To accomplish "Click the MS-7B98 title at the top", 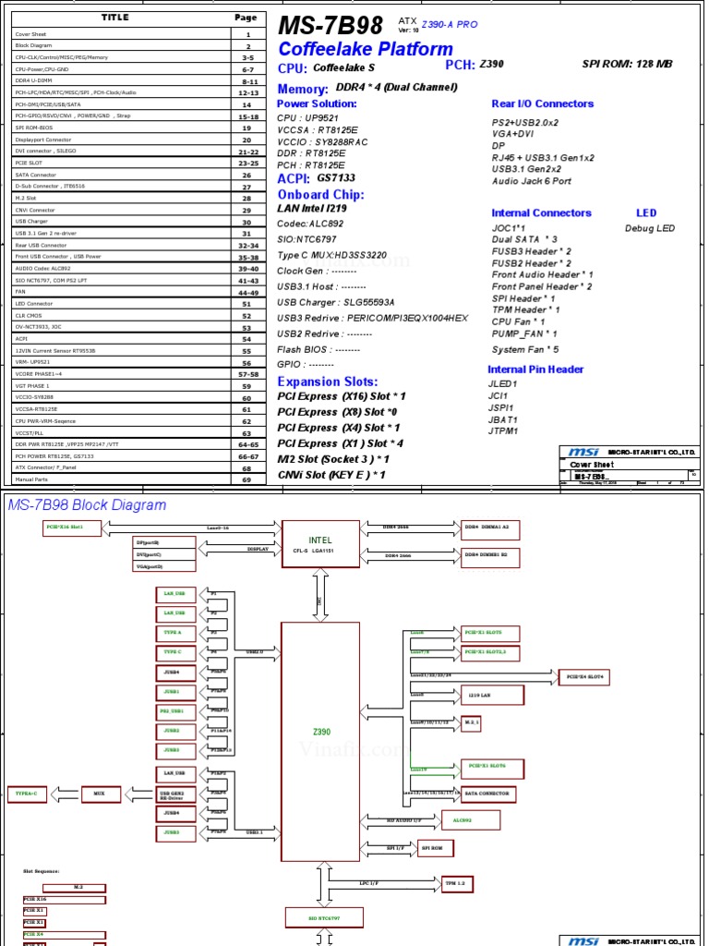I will (x=330, y=26).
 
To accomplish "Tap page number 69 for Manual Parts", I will (x=246, y=479).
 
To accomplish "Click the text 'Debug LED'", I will (x=650, y=228).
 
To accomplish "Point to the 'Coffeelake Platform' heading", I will (x=366, y=49).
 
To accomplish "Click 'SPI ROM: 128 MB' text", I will (x=627, y=65).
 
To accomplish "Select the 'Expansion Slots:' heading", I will (x=328, y=382).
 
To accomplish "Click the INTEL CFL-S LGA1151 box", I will (x=320, y=544).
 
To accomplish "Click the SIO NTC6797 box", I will (x=324, y=919).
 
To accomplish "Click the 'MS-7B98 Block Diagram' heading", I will (x=87, y=504).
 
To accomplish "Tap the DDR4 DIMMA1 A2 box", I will (x=492, y=527).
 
